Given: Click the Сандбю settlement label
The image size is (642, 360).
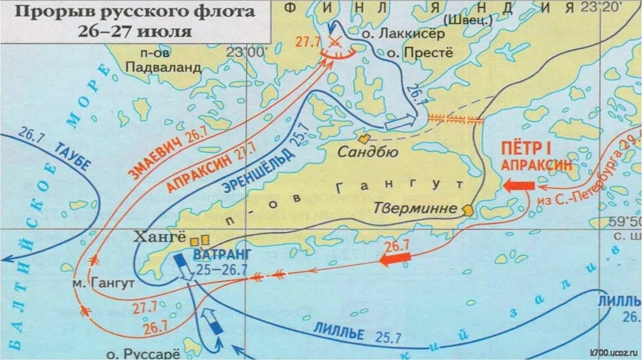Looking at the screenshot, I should [367, 152].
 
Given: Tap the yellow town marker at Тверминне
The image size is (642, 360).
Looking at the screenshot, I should [468, 210].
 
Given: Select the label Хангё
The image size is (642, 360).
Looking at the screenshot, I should [160, 237].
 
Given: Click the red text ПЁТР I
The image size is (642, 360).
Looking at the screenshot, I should [526, 148].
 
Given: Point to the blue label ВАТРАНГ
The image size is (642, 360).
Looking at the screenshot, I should [222, 254].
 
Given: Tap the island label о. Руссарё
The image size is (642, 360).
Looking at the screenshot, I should [143, 353].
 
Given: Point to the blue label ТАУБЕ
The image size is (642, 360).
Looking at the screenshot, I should [72, 156].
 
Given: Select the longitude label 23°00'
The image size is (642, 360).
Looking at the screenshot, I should [245, 52].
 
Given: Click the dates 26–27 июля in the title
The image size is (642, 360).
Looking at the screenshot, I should [134, 31].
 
